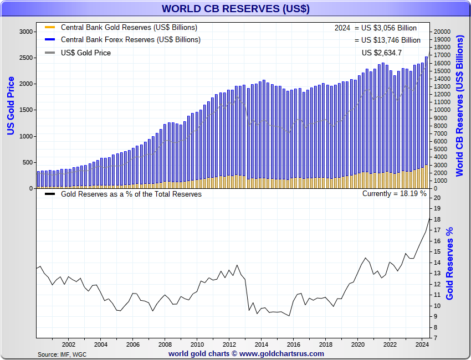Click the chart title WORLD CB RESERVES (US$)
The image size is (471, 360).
[x=235, y=9]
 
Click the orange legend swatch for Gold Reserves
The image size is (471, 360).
[x=50, y=27]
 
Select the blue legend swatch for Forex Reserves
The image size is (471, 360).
[x=50, y=40]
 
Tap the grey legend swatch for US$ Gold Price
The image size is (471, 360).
[x=50, y=53]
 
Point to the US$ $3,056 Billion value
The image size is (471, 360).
[x=388, y=28]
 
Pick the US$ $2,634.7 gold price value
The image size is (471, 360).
[x=381, y=53]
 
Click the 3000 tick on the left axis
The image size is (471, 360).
[x=25, y=32]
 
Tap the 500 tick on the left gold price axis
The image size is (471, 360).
[x=28, y=162]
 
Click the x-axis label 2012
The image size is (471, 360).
[x=228, y=344]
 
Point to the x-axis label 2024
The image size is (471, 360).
[x=421, y=344]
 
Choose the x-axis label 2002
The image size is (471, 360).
[x=68, y=344]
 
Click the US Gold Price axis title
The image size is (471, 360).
[x=11, y=106]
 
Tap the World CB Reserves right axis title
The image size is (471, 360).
[x=460, y=106]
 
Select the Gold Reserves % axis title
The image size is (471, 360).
[x=449, y=264]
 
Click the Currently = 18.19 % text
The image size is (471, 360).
[x=394, y=194]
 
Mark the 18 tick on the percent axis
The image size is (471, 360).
[x=437, y=219]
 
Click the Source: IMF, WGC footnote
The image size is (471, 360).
[x=62, y=354]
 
